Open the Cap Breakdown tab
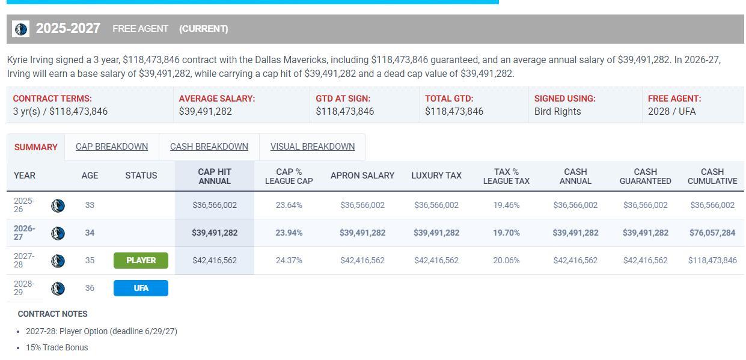pyautogui.click(x=112, y=147)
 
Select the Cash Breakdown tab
pyautogui.click(x=209, y=147)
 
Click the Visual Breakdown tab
pyautogui.click(x=313, y=147)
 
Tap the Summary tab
pyautogui.click(x=35, y=147)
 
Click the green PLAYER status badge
pyautogui.click(x=141, y=260)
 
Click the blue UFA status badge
pyautogui.click(x=141, y=288)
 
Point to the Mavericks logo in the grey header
pyautogui.click(x=20, y=29)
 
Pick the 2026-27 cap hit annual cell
pyautogui.click(x=215, y=233)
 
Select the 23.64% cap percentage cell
pyautogui.click(x=289, y=205)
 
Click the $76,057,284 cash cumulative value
pyautogui.click(x=712, y=233)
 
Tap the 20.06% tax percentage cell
pyautogui.click(x=506, y=260)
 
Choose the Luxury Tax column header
pyautogui.click(x=436, y=175)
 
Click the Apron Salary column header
pyautogui.click(x=362, y=175)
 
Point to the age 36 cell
pyautogui.click(x=90, y=288)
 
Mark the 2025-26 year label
pyautogui.click(x=24, y=205)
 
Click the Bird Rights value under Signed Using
pyautogui.click(x=557, y=111)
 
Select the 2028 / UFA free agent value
pyautogui.click(x=671, y=111)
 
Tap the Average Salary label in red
pyautogui.click(x=217, y=99)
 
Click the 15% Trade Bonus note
pyautogui.click(x=57, y=347)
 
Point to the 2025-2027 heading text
pyautogui.click(x=68, y=28)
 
